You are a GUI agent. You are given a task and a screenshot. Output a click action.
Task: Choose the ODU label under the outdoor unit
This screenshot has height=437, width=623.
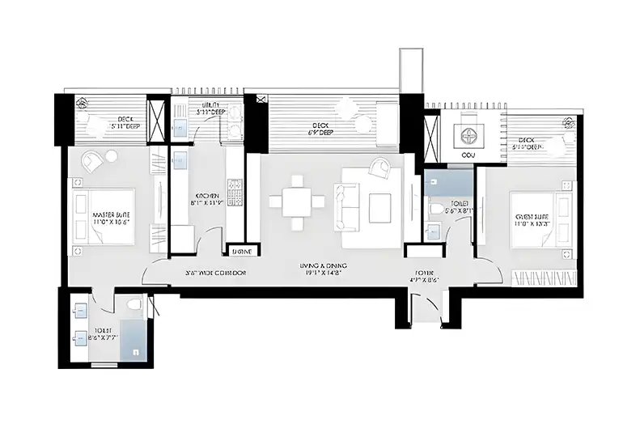pyautogui.click(x=468, y=154)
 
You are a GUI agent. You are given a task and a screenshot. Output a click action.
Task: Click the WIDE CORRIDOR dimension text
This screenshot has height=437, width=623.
pyautogui.click(x=216, y=273)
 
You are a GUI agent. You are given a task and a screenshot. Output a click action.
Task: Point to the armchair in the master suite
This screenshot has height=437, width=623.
pyautogui.click(x=91, y=160)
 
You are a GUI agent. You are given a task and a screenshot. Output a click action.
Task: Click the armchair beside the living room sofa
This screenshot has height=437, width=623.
pyautogui.click(x=379, y=168)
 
